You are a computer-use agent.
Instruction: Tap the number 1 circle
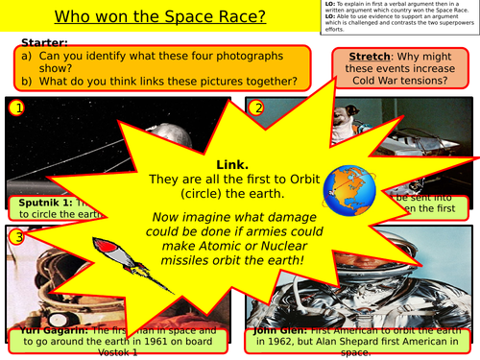(16, 108)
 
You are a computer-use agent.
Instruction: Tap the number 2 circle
(257, 108)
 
